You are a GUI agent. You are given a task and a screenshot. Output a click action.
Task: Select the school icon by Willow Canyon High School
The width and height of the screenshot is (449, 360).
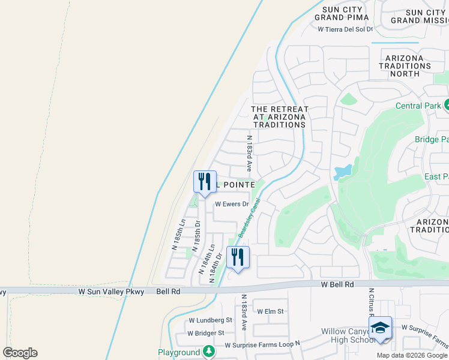(x=380, y=328)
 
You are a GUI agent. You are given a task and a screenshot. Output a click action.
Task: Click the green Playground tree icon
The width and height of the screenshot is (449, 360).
(x=208, y=352)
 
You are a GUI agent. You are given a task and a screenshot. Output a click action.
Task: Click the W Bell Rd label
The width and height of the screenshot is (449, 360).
(x=337, y=283)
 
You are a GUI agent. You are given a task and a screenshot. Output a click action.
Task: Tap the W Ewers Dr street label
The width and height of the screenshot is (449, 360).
(x=232, y=204)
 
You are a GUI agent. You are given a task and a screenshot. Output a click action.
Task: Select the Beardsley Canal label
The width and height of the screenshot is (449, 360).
(x=248, y=219)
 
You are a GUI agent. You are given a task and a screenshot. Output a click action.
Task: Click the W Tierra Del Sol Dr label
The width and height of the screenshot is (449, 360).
(x=345, y=29)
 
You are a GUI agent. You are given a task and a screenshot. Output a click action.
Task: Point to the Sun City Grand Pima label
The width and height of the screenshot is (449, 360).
(x=337, y=14)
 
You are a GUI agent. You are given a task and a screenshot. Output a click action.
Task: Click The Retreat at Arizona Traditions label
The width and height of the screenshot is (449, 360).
(x=279, y=116)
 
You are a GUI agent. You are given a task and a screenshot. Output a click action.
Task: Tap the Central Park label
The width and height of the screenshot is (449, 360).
(x=418, y=106)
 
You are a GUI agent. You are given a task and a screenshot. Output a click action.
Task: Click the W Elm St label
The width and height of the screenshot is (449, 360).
(x=270, y=311)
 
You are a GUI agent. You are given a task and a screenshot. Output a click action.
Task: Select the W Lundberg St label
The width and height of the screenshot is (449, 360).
(x=210, y=320)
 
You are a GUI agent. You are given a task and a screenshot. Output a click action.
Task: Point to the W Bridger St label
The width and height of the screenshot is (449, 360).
(x=205, y=333)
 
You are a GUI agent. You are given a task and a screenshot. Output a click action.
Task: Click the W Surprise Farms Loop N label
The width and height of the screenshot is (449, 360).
(x=261, y=345)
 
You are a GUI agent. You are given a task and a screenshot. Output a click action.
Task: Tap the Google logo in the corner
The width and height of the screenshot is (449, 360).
(x=20, y=353)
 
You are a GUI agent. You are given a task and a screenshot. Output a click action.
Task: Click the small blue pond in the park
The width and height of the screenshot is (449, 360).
(x=342, y=172)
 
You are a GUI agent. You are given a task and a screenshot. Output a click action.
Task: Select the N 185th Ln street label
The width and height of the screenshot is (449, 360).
(x=178, y=235)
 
